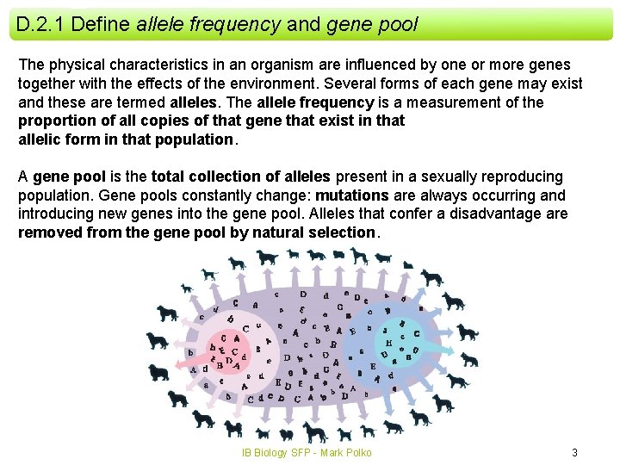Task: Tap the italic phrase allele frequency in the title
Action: [208, 24]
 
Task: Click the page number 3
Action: [574, 452]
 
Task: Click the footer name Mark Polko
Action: [346, 452]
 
